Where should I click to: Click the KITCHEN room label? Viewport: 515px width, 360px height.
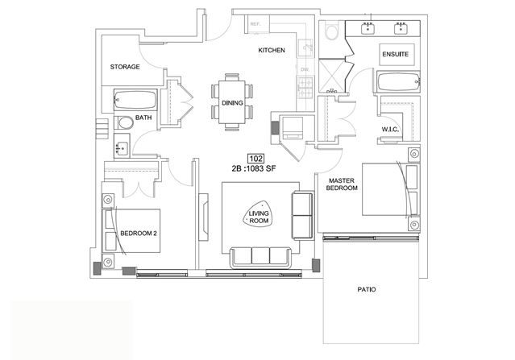tap(272, 52)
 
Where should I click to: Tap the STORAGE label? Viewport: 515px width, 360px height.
tap(125, 68)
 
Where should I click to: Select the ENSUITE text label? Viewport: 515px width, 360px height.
tap(395, 55)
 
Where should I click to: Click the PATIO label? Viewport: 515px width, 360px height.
tap(367, 289)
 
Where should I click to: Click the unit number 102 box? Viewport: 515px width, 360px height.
tap(255, 159)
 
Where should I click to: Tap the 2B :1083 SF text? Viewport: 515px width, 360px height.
tap(255, 170)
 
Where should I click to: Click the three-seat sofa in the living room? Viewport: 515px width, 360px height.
tap(260, 257)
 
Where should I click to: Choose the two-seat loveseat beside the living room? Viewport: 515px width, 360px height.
tap(303, 215)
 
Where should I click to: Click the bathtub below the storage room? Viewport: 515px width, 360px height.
tap(135, 101)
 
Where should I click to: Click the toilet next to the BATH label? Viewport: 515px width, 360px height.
tap(125, 124)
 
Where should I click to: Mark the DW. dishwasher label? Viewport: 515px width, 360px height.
tap(305, 70)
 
